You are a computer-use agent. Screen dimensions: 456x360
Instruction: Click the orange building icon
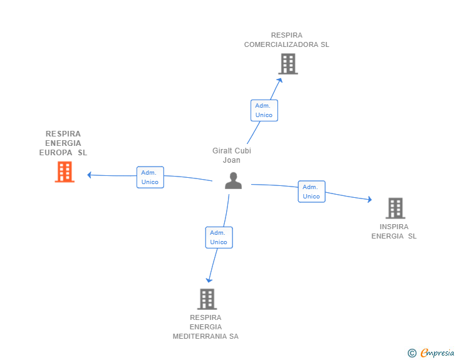pyautogui.click(x=65, y=172)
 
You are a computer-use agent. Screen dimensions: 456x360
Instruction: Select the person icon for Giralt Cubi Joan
pyautogui.click(x=233, y=180)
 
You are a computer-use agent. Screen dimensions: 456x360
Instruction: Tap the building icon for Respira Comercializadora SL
pyautogui.click(x=288, y=64)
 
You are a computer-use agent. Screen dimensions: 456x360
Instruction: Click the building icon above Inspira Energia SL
pyautogui.click(x=395, y=208)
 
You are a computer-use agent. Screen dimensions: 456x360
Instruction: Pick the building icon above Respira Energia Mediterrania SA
pyautogui.click(x=207, y=299)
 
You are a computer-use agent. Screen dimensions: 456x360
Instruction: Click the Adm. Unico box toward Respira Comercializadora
pyautogui.click(x=264, y=110)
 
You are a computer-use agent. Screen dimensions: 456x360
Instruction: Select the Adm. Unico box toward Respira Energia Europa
pyautogui.click(x=150, y=177)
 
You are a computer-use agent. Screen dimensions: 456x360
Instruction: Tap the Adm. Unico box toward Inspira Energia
pyautogui.click(x=311, y=192)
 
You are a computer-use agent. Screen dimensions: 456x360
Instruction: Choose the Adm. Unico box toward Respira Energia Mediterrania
pyautogui.click(x=219, y=237)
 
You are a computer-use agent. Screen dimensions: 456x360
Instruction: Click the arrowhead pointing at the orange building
pyautogui.click(x=90, y=175)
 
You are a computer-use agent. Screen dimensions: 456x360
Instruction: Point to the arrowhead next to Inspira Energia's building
pyautogui.click(x=370, y=200)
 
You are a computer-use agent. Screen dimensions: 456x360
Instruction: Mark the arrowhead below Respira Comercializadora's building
pyautogui.click(x=280, y=80)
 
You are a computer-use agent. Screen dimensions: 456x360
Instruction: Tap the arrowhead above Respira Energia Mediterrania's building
pyautogui.click(x=209, y=280)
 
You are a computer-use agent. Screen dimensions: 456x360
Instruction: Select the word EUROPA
pyautogui.click(x=56, y=153)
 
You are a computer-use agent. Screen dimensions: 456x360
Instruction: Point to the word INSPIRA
pyautogui.click(x=394, y=227)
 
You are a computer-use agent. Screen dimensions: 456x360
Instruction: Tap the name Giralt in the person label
pyautogui.click(x=222, y=151)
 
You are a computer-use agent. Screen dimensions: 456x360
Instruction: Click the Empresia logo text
pyautogui.click(x=437, y=352)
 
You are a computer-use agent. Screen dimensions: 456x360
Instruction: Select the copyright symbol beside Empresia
pyautogui.click(x=412, y=353)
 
